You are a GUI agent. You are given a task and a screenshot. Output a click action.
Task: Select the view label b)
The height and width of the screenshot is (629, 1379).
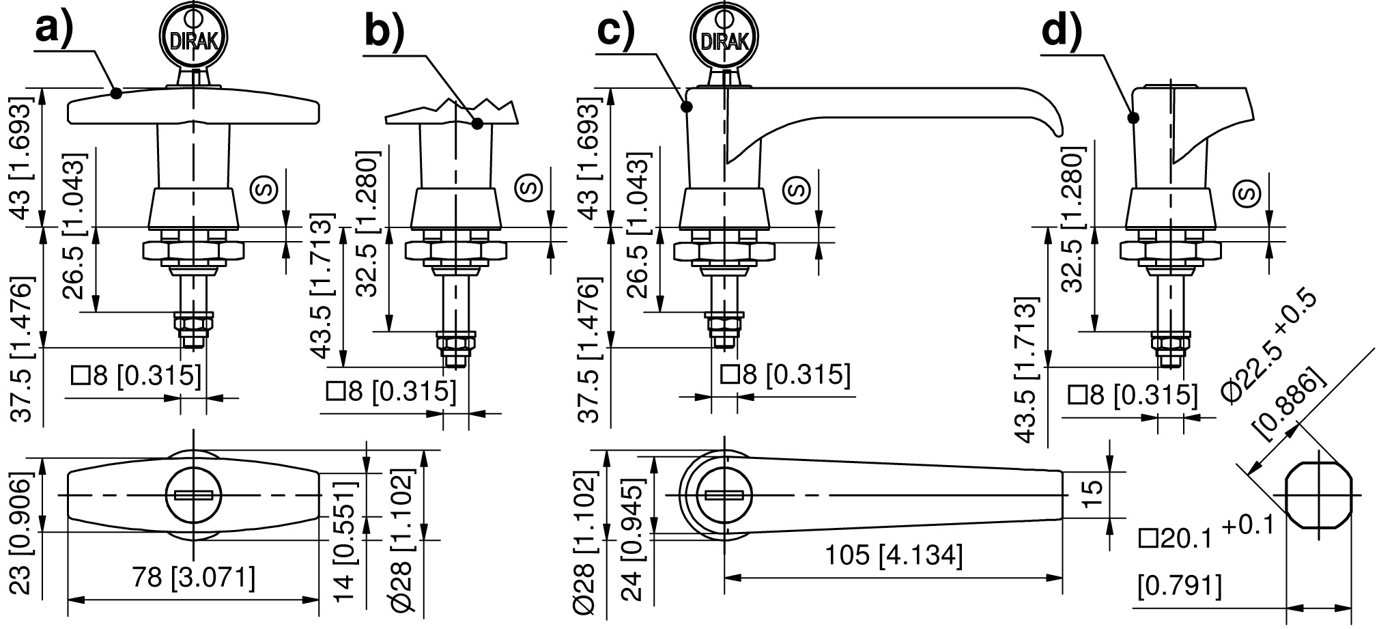coord(384,30)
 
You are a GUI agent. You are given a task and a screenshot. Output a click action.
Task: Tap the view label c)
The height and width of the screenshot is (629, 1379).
coord(616,30)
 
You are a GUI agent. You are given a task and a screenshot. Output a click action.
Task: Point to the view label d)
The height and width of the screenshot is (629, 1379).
coord(1062,30)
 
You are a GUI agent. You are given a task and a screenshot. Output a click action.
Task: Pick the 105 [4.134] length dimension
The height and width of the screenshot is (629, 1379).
coord(894,555)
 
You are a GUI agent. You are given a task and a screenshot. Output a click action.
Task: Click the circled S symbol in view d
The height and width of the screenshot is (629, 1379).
coord(1247,193)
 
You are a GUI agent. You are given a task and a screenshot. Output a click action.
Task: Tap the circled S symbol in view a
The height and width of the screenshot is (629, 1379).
coord(265,188)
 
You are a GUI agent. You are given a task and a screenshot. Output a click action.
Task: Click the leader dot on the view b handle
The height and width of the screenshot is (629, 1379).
coord(477,124)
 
